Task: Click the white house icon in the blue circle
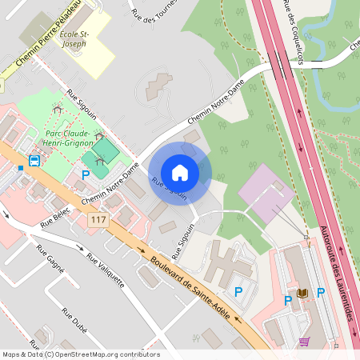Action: pos(180,172)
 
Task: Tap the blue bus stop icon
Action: pos(34,161)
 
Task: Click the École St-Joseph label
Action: pos(74,42)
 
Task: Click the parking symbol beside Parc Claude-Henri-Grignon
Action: pos(86,174)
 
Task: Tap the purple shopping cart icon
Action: pos(303,341)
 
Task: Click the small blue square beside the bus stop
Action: pos(21,168)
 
